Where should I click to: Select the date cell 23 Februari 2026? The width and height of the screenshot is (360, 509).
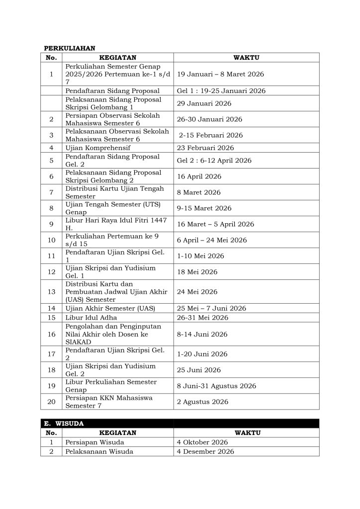pos(205,148)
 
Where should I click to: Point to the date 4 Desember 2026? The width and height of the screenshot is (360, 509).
pos(205,451)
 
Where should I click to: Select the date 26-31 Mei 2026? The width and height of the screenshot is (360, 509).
pos(202,317)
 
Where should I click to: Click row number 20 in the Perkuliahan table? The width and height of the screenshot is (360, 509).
pos(51,402)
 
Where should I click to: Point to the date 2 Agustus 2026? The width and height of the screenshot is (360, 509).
pos(202,402)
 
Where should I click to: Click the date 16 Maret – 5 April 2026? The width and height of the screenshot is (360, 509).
pos(215,224)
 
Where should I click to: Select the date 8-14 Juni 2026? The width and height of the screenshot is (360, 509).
pos(202,334)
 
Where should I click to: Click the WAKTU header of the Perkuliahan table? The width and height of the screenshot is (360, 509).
pos(246,58)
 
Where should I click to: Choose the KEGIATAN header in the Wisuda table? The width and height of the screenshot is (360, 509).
pos(117,433)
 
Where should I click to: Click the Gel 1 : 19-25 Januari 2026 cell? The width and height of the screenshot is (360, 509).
pos(221,91)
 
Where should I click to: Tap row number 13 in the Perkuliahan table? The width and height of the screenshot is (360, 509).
pos(51,292)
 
